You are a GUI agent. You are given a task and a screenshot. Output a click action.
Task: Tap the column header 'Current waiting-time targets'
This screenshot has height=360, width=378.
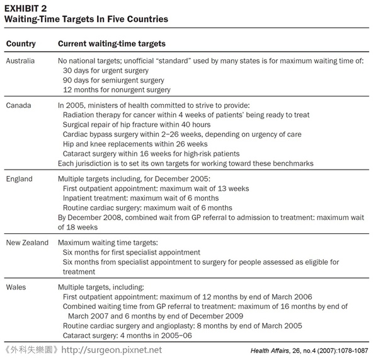coord(112,44)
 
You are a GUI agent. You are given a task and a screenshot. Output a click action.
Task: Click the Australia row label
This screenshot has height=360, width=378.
coord(24,61)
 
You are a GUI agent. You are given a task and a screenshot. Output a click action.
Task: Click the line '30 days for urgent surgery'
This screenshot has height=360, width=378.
coord(110,71)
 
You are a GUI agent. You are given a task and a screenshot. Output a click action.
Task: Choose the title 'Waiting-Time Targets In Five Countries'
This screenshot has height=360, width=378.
coord(87,19)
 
